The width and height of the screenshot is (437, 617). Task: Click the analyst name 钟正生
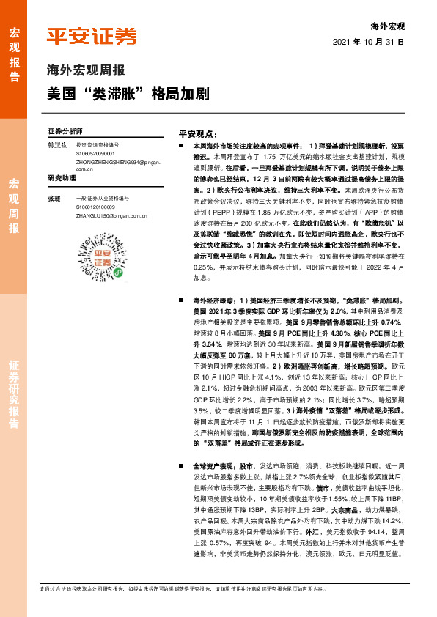point(57,145)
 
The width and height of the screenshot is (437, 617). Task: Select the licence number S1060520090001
point(96,154)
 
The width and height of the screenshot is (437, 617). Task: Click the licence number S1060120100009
point(96,207)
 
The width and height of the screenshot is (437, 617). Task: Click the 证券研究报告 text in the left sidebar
point(15,394)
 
